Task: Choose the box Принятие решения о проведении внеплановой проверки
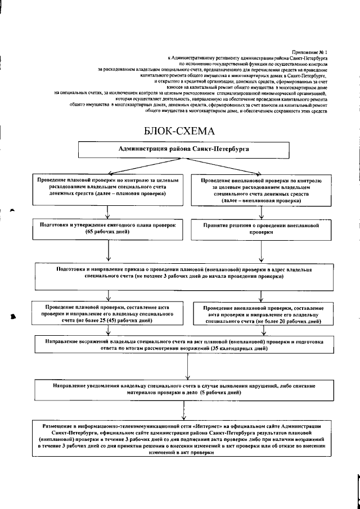click(x=262, y=228)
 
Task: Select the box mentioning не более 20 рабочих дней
click(x=262, y=316)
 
